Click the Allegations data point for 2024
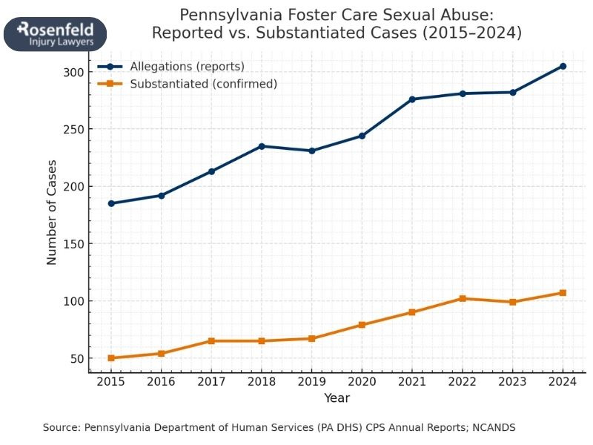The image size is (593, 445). point(563,66)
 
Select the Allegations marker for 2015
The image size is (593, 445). point(111,203)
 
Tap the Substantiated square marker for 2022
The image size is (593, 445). point(463,298)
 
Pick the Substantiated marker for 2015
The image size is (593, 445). point(111,358)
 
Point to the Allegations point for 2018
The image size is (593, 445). point(262,146)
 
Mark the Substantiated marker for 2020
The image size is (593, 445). point(362,325)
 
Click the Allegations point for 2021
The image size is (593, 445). point(412,99)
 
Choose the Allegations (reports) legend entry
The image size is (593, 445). point(187,67)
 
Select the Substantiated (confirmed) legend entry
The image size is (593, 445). point(203,84)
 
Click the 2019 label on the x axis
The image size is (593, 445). point(312,381)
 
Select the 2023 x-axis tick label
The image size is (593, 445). point(512,381)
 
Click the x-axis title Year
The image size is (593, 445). point(337,398)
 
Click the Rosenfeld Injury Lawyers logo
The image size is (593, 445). point(56,34)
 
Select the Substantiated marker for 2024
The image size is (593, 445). point(563,293)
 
